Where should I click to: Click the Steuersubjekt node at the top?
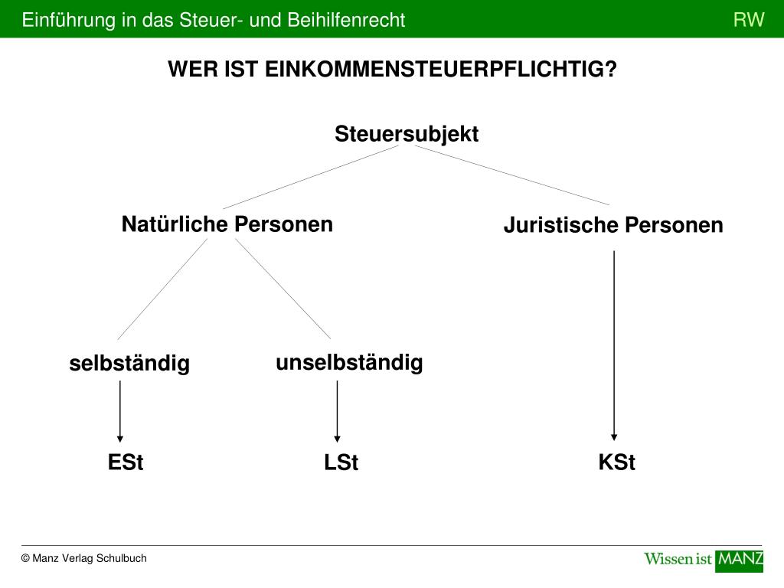pyautogui.click(x=406, y=134)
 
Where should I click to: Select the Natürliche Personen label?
pyautogui.click(x=227, y=224)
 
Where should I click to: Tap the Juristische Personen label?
pyautogui.click(x=612, y=225)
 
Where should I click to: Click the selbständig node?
pyautogui.click(x=129, y=363)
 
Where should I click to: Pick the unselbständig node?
pyautogui.click(x=349, y=362)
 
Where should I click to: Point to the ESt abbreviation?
pyautogui.click(x=126, y=463)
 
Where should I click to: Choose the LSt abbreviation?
pyautogui.click(x=341, y=463)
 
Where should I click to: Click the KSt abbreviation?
pyautogui.click(x=616, y=463)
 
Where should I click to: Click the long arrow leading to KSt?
pyautogui.click(x=614, y=345)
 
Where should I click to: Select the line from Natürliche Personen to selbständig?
pyautogui.click(x=162, y=289)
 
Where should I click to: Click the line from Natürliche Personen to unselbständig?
pyautogui.click(x=283, y=289)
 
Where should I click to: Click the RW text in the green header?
pyautogui.click(x=749, y=20)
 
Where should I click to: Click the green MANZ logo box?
pyautogui.click(x=739, y=560)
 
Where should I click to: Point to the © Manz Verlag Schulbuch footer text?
pyautogui.click(x=84, y=558)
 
